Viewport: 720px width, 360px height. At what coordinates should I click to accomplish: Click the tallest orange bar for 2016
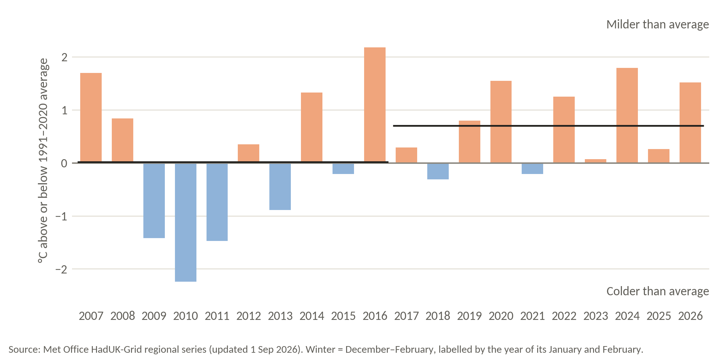click(375, 105)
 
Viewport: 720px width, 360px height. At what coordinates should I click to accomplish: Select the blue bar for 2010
click(186, 222)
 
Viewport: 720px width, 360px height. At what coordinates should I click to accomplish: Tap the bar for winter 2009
click(154, 201)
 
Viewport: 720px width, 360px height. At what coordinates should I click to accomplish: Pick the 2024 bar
click(627, 116)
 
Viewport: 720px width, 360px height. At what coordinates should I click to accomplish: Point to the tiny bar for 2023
click(596, 161)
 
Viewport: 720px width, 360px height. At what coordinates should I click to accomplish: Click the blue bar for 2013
click(280, 187)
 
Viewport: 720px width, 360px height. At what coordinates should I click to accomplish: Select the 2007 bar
click(91, 118)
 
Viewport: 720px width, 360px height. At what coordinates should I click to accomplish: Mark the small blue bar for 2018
click(438, 171)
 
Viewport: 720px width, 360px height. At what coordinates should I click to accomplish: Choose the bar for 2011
click(217, 202)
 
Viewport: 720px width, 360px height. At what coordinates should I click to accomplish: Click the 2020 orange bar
click(501, 122)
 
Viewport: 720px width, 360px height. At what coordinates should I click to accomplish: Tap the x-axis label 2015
click(343, 316)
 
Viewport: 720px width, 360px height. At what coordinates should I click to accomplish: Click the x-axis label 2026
click(690, 316)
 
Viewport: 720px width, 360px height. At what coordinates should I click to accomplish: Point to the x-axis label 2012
click(249, 316)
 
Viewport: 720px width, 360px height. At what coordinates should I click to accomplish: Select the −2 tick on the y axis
click(61, 269)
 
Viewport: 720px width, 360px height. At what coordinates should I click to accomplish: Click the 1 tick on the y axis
click(65, 110)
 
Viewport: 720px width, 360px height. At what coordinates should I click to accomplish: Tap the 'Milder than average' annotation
click(657, 24)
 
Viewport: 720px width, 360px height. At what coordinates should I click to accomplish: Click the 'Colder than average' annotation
click(657, 291)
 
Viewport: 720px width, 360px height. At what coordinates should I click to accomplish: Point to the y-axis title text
click(43, 161)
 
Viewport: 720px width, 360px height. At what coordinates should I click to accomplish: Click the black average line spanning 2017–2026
click(549, 126)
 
